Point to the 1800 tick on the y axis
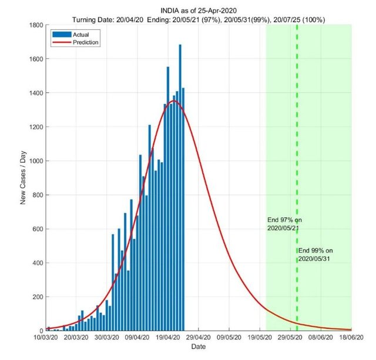click(36, 25)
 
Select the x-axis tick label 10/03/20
click(45, 338)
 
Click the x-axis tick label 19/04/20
click(167, 338)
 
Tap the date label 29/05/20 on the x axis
click(290, 338)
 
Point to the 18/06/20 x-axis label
click(351, 338)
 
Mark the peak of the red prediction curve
click(174, 101)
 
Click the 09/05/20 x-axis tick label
click(229, 338)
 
